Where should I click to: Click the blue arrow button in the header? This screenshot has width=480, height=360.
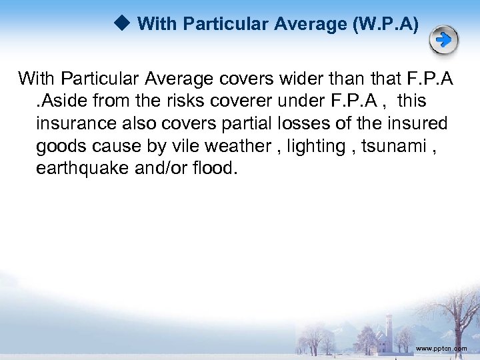[x=443, y=41]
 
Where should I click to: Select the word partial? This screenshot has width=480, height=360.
[x=252, y=123]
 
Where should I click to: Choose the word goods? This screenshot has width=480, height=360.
[x=59, y=146]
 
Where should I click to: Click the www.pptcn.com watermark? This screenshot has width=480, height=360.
[x=441, y=349]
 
